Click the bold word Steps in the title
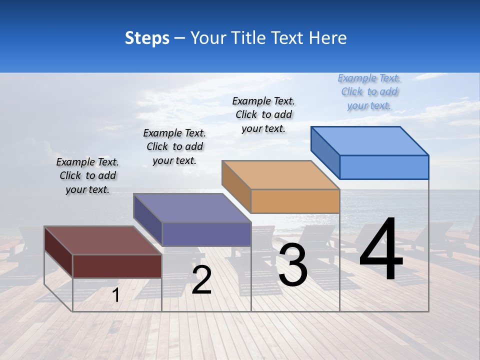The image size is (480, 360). (x=147, y=37)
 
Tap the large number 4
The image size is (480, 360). (x=381, y=249)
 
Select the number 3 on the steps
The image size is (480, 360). (x=293, y=265)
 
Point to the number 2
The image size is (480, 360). (x=201, y=280)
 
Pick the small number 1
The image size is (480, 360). (x=115, y=295)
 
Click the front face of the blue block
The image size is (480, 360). (x=384, y=167)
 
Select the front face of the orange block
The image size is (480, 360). (x=295, y=201)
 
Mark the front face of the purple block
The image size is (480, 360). (x=206, y=234)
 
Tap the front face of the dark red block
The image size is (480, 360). (x=117, y=266)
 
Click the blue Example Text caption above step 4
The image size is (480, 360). (x=369, y=92)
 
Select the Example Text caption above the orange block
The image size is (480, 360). (x=263, y=115)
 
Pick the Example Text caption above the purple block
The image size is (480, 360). (x=174, y=147)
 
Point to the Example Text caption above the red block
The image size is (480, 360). (x=87, y=176)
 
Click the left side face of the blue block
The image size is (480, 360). (x=325, y=152)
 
